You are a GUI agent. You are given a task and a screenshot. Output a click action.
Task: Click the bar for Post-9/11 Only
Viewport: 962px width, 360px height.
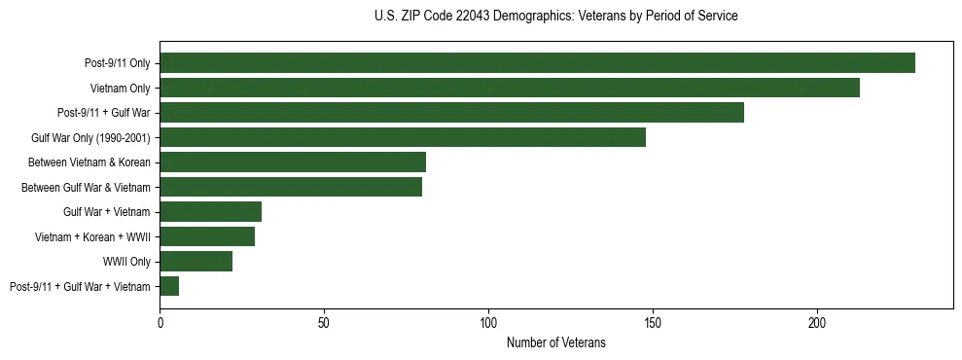(537, 63)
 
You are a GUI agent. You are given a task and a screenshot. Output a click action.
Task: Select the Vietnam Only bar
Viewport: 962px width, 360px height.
(510, 88)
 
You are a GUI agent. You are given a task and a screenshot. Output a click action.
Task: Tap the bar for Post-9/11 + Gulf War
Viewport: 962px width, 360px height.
(451, 113)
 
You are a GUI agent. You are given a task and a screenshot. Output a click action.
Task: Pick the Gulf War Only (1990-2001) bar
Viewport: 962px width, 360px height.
(403, 137)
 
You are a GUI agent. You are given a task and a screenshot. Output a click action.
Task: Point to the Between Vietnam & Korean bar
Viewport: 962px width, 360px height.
(293, 162)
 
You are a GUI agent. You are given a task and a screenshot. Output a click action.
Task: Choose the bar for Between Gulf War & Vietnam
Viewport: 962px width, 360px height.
(291, 187)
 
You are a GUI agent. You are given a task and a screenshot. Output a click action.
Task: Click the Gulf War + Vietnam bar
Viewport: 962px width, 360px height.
(210, 212)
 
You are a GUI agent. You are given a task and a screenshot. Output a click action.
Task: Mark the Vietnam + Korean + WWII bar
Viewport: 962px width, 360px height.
(207, 236)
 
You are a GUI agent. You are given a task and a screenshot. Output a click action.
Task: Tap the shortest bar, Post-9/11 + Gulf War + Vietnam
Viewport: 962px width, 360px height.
(169, 286)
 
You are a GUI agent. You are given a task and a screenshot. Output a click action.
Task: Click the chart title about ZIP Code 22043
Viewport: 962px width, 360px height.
(555, 17)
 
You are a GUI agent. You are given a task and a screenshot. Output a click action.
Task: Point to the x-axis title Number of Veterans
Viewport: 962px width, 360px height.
(555, 342)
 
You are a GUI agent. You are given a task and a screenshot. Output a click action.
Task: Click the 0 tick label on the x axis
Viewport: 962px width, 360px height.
(160, 322)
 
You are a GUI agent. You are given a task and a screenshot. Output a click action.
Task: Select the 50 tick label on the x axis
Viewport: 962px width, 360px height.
(324, 322)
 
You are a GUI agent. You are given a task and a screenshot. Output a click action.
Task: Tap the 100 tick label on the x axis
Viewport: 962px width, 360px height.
(488, 322)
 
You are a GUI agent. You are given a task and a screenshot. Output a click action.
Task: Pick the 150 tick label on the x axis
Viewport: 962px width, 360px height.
(653, 322)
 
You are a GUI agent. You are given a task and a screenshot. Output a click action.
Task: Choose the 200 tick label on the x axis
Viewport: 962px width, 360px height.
(817, 322)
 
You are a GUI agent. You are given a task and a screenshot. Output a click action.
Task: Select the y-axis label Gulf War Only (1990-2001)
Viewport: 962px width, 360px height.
(90, 137)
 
